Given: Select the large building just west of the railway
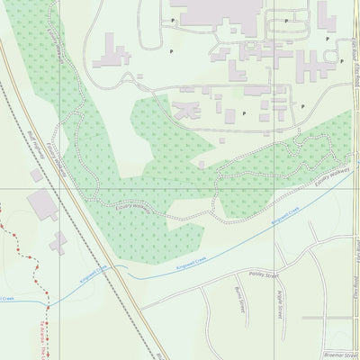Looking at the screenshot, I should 41,206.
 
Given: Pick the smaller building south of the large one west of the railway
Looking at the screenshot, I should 58,242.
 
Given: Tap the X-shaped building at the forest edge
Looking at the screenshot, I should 187,109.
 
